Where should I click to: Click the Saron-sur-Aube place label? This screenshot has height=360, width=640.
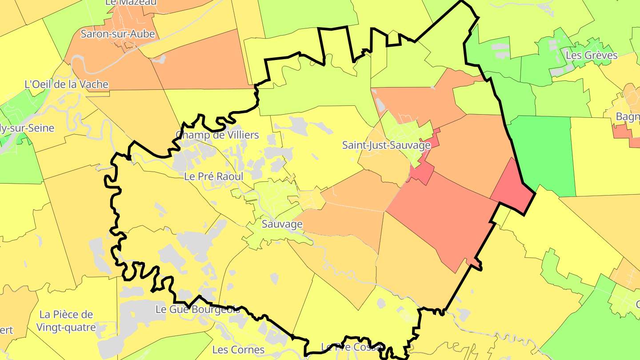click(117, 34)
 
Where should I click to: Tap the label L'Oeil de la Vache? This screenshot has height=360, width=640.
click(66, 84)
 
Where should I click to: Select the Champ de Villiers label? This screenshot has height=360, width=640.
click(217, 135)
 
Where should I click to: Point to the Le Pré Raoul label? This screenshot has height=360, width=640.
click(213, 176)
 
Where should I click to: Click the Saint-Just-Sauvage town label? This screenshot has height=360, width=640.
click(386, 145)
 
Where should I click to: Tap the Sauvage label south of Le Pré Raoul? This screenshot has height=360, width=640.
click(282, 224)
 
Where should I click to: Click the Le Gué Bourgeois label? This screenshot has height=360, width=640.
click(198, 309)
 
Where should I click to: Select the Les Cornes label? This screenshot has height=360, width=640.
click(238, 350)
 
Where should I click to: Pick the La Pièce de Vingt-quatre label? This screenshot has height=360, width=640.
click(67, 321)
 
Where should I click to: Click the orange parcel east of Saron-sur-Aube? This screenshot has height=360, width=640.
click(200, 60)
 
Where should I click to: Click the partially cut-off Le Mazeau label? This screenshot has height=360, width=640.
click(131, 3)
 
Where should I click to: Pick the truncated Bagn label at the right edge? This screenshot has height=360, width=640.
click(628, 117)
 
